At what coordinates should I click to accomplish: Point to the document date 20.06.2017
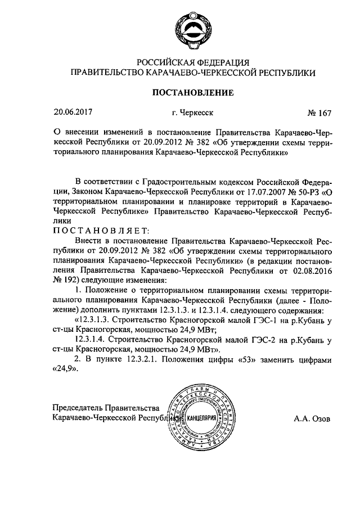(71, 112)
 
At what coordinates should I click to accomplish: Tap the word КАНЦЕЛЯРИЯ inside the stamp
(200, 418)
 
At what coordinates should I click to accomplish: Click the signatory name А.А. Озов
(313, 418)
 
